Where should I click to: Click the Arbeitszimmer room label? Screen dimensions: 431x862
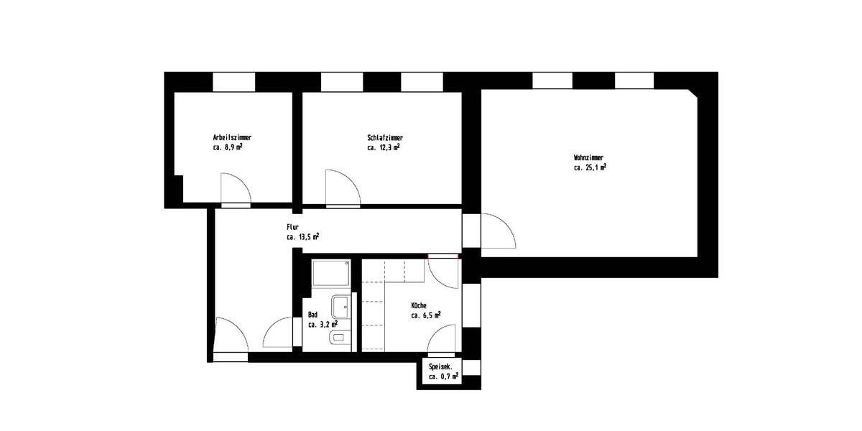[232, 137]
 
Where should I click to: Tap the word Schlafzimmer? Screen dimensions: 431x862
[384, 137]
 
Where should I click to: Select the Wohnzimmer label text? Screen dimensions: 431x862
[588, 157]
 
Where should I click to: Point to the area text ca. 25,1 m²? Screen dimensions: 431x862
[590, 167]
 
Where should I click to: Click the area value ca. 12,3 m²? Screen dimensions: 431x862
[384, 147]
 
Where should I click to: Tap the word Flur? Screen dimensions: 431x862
[292, 226]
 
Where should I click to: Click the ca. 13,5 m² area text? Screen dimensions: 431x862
[303, 236]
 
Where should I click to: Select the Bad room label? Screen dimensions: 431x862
[312, 315]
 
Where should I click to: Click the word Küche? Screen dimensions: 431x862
[419, 305]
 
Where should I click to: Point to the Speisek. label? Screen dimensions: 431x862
[440, 367]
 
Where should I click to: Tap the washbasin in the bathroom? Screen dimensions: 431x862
[340, 307]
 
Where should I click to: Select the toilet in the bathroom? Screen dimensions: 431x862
[338, 338]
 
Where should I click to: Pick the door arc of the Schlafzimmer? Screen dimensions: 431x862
[343, 187]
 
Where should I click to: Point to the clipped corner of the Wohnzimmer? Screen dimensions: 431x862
[692, 94]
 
